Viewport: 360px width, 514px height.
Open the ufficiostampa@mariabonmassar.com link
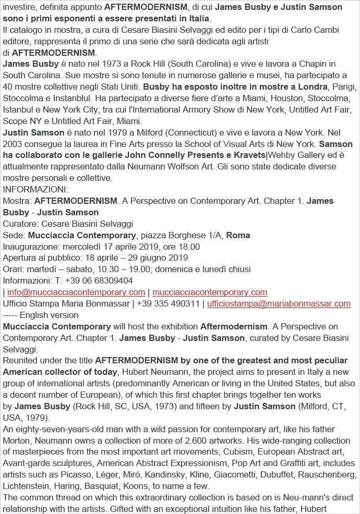pos(279,303)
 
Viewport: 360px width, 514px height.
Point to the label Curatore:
pos(20,224)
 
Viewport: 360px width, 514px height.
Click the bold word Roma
pos(238,235)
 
